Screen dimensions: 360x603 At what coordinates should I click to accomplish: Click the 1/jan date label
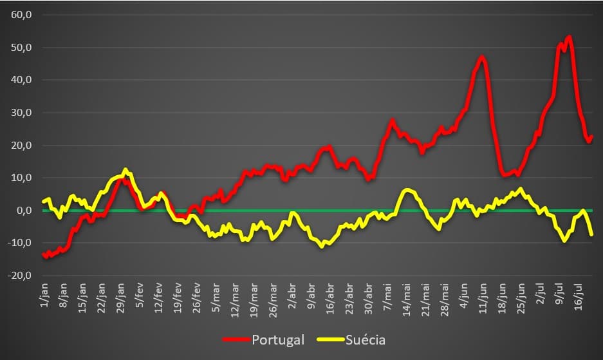[x=44, y=295]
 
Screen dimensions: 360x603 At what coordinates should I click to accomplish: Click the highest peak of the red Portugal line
[x=570, y=37]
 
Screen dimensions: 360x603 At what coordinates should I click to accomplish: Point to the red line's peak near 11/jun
[x=481, y=57]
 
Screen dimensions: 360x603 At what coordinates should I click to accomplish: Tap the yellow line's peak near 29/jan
[x=125, y=170]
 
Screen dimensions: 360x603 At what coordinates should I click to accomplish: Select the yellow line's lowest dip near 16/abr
[x=322, y=246]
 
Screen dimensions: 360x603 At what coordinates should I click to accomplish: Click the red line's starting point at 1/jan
[x=44, y=254]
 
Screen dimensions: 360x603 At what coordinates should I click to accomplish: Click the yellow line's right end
[x=591, y=234]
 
